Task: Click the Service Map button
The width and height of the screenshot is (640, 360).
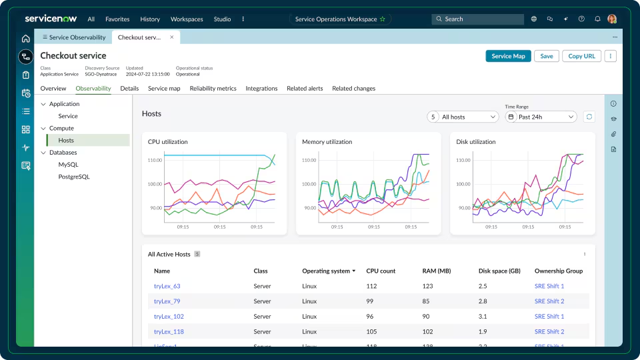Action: coord(508,56)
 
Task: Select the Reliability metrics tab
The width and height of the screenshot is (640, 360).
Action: coord(213,88)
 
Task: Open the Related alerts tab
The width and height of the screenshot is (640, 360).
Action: coord(305,88)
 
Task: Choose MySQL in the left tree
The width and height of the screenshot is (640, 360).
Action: coord(69,165)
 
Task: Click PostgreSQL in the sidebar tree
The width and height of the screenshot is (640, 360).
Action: coord(74,177)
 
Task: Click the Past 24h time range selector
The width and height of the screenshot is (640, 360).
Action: coord(541,117)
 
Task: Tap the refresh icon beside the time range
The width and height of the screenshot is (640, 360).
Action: coord(589,117)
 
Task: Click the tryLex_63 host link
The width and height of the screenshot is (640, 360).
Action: coord(167,286)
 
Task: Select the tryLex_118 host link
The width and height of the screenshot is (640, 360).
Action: coord(169,331)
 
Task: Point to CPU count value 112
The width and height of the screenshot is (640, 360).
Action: coord(371,286)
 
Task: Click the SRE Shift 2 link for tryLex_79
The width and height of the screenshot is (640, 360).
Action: coord(549,301)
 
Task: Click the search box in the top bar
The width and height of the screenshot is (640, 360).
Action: coord(477,19)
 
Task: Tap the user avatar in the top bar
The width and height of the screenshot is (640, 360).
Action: coord(612,19)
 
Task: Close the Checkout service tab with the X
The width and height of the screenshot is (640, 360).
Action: coord(172,37)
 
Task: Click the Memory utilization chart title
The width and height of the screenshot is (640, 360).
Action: coord(327,142)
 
